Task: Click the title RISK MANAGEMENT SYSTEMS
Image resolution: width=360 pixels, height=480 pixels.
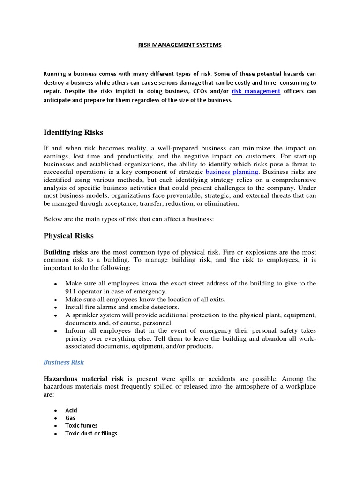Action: pyautogui.click(x=180, y=45)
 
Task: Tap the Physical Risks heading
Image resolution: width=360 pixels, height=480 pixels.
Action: pyautogui.click(x=68, y=235)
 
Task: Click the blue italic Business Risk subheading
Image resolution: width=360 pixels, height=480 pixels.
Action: pyautogui.click(x=64, y=362)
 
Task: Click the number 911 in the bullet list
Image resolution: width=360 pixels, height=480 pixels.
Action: pyautogui.click(x=71, y=291)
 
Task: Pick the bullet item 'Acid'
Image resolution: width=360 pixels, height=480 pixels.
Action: pyautogui.click(x=71, y=410)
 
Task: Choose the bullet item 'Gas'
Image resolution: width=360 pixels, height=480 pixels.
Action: pyautogui.click(x=70, y=418)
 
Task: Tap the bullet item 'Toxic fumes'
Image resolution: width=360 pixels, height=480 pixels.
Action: pyautogui.click(x=82, y=426)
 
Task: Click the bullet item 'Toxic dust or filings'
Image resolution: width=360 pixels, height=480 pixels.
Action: pyautogui.click(x=91, y=434)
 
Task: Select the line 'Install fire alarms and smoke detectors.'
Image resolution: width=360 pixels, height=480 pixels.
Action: pyautogui.click(x=122, y=307)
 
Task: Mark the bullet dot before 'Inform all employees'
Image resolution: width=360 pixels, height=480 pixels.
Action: pyautogui.click(x=56, y=331)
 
